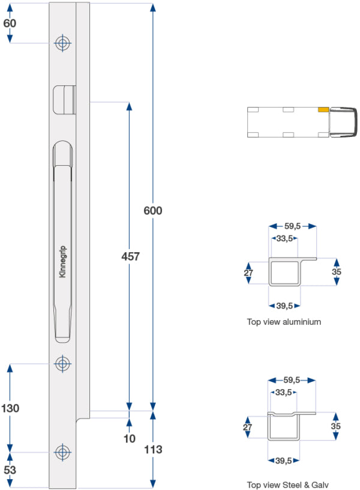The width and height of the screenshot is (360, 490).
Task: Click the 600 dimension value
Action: coord(153,211)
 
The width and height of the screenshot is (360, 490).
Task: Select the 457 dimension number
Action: coord(130,256)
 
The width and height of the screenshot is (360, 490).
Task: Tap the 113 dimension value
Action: coord(153,449)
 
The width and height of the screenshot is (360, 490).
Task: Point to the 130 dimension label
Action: coord(10,408)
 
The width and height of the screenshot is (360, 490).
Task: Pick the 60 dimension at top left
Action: coord(10,23)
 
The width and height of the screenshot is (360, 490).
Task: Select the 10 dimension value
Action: coord(130,438)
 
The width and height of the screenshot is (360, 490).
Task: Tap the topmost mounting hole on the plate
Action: coord(62,43)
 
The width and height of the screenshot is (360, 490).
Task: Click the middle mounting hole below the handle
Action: coord(62,363)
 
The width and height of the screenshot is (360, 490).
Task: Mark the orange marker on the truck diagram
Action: coord(323,110)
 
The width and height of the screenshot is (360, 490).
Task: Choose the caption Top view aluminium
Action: coord(284,322)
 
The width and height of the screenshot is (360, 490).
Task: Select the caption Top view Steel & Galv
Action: coord(288,485)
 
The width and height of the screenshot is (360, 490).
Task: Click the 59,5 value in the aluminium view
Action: coord(292,226)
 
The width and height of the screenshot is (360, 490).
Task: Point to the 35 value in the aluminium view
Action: coord(336,271)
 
